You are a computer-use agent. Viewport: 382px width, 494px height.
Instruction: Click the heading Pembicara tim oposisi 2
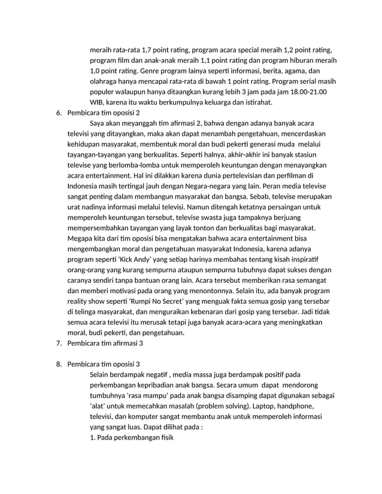104,112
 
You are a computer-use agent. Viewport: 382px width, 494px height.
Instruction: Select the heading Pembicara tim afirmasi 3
105,343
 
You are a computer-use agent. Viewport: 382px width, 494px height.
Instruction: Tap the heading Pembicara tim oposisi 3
104,364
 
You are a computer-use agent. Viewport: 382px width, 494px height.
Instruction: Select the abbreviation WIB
96,102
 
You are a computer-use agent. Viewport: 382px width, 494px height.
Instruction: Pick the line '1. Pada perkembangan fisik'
131,438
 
